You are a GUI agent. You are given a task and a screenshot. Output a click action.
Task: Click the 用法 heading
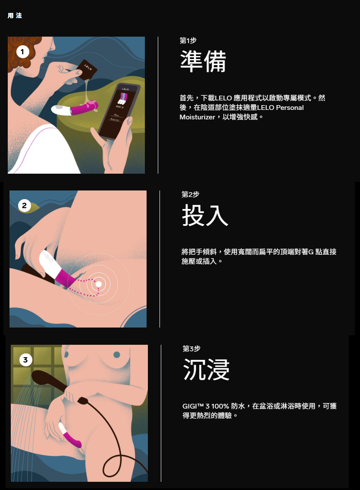15,16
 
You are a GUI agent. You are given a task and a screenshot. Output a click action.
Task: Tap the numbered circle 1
22,52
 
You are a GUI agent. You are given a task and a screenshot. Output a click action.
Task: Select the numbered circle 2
25,206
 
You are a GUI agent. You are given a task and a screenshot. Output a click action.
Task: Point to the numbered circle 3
25,360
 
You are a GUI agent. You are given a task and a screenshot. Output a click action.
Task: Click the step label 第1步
188,41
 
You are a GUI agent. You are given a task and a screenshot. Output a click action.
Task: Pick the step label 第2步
190,194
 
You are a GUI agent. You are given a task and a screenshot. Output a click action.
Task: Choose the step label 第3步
191,349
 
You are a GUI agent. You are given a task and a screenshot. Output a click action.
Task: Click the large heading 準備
203,61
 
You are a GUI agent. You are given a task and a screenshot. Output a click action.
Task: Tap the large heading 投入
205,215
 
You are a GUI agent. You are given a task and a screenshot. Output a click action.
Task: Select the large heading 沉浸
206,369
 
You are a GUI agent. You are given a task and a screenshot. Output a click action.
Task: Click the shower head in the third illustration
47,379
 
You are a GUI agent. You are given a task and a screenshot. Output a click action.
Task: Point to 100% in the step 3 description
220,406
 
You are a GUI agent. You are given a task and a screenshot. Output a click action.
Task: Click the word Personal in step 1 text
290,107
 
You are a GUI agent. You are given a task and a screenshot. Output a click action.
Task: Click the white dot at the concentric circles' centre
98,284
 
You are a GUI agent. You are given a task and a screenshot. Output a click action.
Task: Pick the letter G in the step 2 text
311,252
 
